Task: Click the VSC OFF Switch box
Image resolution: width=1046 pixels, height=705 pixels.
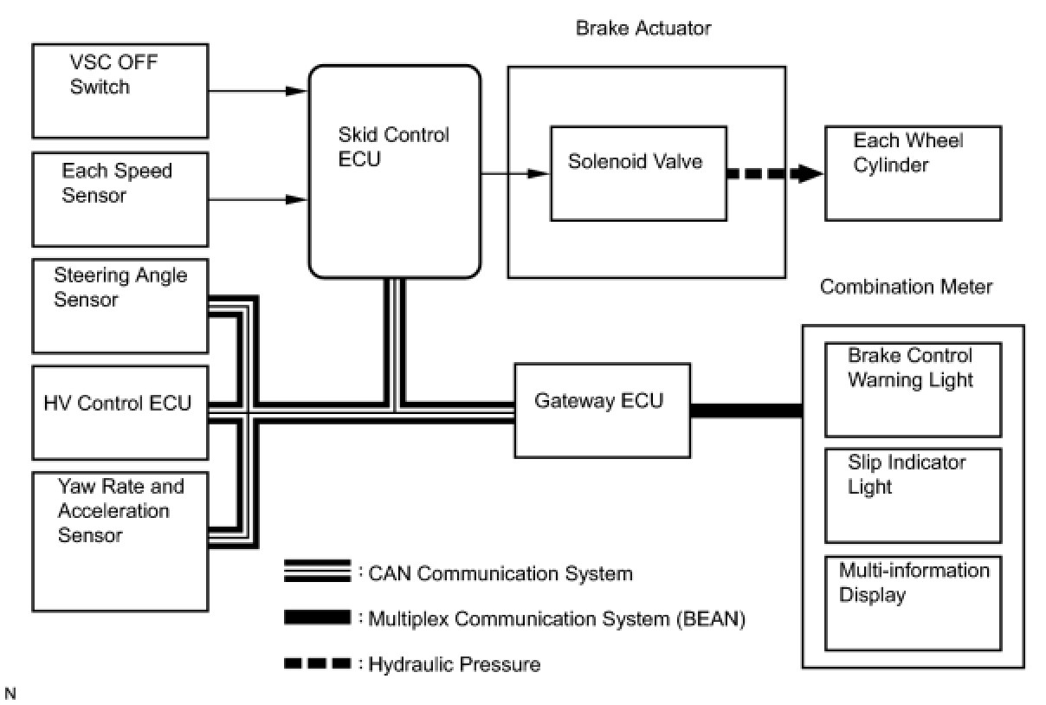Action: point(120,91)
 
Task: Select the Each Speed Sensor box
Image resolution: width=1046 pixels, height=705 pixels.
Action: point(120,199)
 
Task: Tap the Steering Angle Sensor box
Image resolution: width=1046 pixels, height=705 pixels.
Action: point(120,306)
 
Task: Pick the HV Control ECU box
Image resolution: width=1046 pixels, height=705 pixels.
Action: point(120,413)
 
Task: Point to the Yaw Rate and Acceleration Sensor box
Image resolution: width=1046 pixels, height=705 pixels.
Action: point(120,541)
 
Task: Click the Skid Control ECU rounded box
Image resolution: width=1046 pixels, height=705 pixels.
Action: point(395,171)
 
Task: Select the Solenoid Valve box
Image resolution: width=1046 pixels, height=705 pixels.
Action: point(638,173)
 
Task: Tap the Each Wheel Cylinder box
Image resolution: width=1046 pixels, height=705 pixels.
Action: point(913,173)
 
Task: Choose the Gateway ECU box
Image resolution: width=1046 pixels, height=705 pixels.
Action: point(603,411)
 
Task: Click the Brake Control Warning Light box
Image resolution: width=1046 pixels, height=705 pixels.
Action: point(913,390)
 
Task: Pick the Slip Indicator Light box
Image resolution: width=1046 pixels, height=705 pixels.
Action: point(913,495)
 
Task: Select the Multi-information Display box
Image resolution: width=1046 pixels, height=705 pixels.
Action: point(913,603)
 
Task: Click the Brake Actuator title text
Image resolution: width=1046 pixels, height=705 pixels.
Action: point(643,28)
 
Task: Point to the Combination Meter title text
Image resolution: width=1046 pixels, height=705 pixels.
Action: point(906,287)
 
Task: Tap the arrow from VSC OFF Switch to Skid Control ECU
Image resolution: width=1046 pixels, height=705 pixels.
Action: point(258,91)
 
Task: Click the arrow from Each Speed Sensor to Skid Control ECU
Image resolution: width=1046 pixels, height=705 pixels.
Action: point(258,199)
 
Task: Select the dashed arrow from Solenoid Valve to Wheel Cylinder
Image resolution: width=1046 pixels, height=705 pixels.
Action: point(775,174)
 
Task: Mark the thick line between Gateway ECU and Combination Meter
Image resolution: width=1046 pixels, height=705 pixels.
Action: point(746,411)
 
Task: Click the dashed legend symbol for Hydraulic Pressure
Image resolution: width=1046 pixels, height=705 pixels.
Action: point(318,663)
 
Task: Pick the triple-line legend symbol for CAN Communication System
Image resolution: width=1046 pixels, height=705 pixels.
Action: point(318,571)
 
